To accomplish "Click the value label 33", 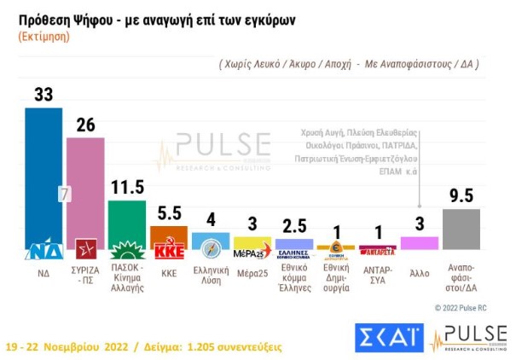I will [43, 95].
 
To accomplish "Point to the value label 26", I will [85, 125].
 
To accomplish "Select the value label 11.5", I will [127, 188].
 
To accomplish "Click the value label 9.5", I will [461, 195].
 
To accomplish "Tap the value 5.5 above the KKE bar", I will [168, 212].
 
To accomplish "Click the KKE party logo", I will [168, 250].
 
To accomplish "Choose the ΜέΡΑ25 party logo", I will [252, 250].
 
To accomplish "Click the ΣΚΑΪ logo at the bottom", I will [388, 337].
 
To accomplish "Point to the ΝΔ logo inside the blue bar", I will [43, 250].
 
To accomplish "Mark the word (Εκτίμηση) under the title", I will [44, 38].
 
